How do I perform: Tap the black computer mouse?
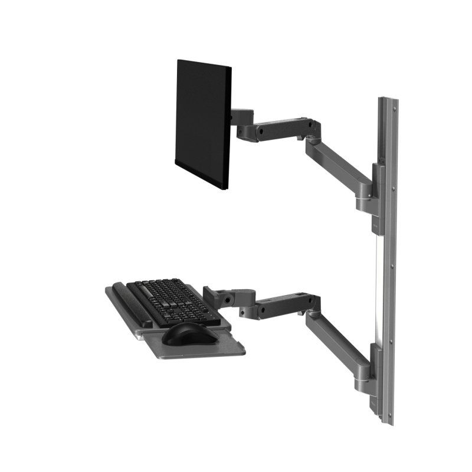pyautogui.click(x=189, y=333)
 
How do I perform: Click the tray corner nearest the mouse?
pyautogui.click(x=241, y=352)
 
